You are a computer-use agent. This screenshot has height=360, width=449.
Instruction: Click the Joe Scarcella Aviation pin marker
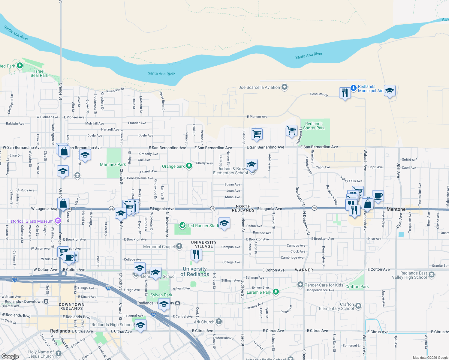coord(285,87)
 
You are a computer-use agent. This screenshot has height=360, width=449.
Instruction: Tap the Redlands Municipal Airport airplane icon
coord(354,88)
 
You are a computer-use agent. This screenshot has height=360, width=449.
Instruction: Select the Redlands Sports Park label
coord(314,126)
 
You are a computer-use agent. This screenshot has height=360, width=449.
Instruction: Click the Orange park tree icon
coord(189,166)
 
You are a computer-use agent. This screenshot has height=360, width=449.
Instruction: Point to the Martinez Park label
coord(113,164)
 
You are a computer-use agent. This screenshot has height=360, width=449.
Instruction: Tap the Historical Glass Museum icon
coord(58,221)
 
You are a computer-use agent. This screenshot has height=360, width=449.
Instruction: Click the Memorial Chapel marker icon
coord(179,247)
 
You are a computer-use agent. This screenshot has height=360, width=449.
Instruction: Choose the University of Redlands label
coord(194,271)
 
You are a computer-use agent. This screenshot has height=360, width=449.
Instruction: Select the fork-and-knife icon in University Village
coord(196,255)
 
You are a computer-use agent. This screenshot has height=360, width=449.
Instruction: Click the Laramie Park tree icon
coord(276,292)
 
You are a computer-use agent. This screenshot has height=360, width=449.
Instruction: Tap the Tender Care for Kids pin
coord(300,285)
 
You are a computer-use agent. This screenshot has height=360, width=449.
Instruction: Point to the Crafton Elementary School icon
coord(358,306)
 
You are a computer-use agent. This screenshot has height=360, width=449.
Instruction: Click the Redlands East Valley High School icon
coord(431,275)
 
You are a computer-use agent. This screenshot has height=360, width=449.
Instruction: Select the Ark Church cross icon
coord(219,322)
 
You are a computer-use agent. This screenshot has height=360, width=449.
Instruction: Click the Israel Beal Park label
coord(39,73)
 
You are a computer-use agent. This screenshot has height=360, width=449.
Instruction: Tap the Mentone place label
coord(396,209)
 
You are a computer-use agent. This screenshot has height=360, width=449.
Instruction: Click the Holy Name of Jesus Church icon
coord(58,354)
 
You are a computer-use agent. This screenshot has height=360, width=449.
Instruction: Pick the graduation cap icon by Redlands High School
coord(140,325)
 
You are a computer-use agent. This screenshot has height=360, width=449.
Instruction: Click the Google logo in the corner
coord(10,356)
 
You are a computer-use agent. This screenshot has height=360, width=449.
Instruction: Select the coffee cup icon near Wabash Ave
coord(378,196)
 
